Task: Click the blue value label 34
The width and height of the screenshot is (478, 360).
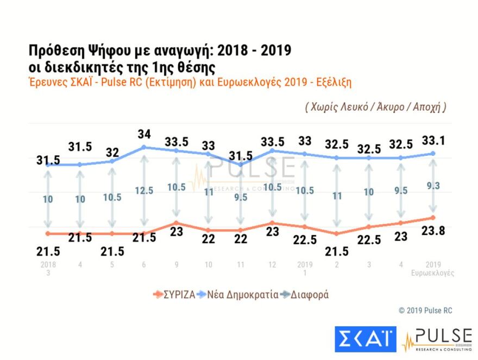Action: pos(144,134)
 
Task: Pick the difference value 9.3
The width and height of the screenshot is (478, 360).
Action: pos(433,185)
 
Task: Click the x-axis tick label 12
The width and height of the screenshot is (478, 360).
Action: pos(272,265)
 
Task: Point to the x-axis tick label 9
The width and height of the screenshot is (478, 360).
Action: pos(176,265)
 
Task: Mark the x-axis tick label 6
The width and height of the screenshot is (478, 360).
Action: pos(144,265)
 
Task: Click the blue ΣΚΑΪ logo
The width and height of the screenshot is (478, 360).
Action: pos(365,340)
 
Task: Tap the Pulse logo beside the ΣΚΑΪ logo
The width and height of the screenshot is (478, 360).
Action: pos(437,340)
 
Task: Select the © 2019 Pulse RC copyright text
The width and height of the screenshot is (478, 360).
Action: pos(425,311)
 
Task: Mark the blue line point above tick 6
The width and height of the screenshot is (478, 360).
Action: pos(144,147)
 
